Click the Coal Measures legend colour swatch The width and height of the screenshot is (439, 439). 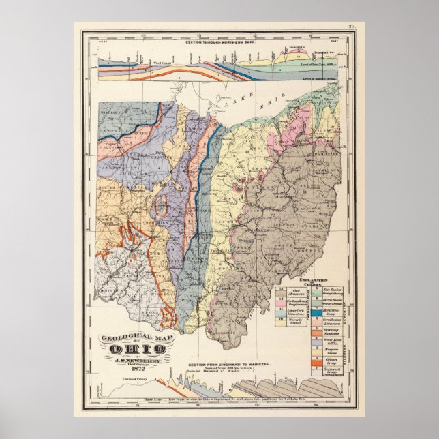coord(282,291)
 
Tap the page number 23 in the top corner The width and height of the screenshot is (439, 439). coord(352,26)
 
